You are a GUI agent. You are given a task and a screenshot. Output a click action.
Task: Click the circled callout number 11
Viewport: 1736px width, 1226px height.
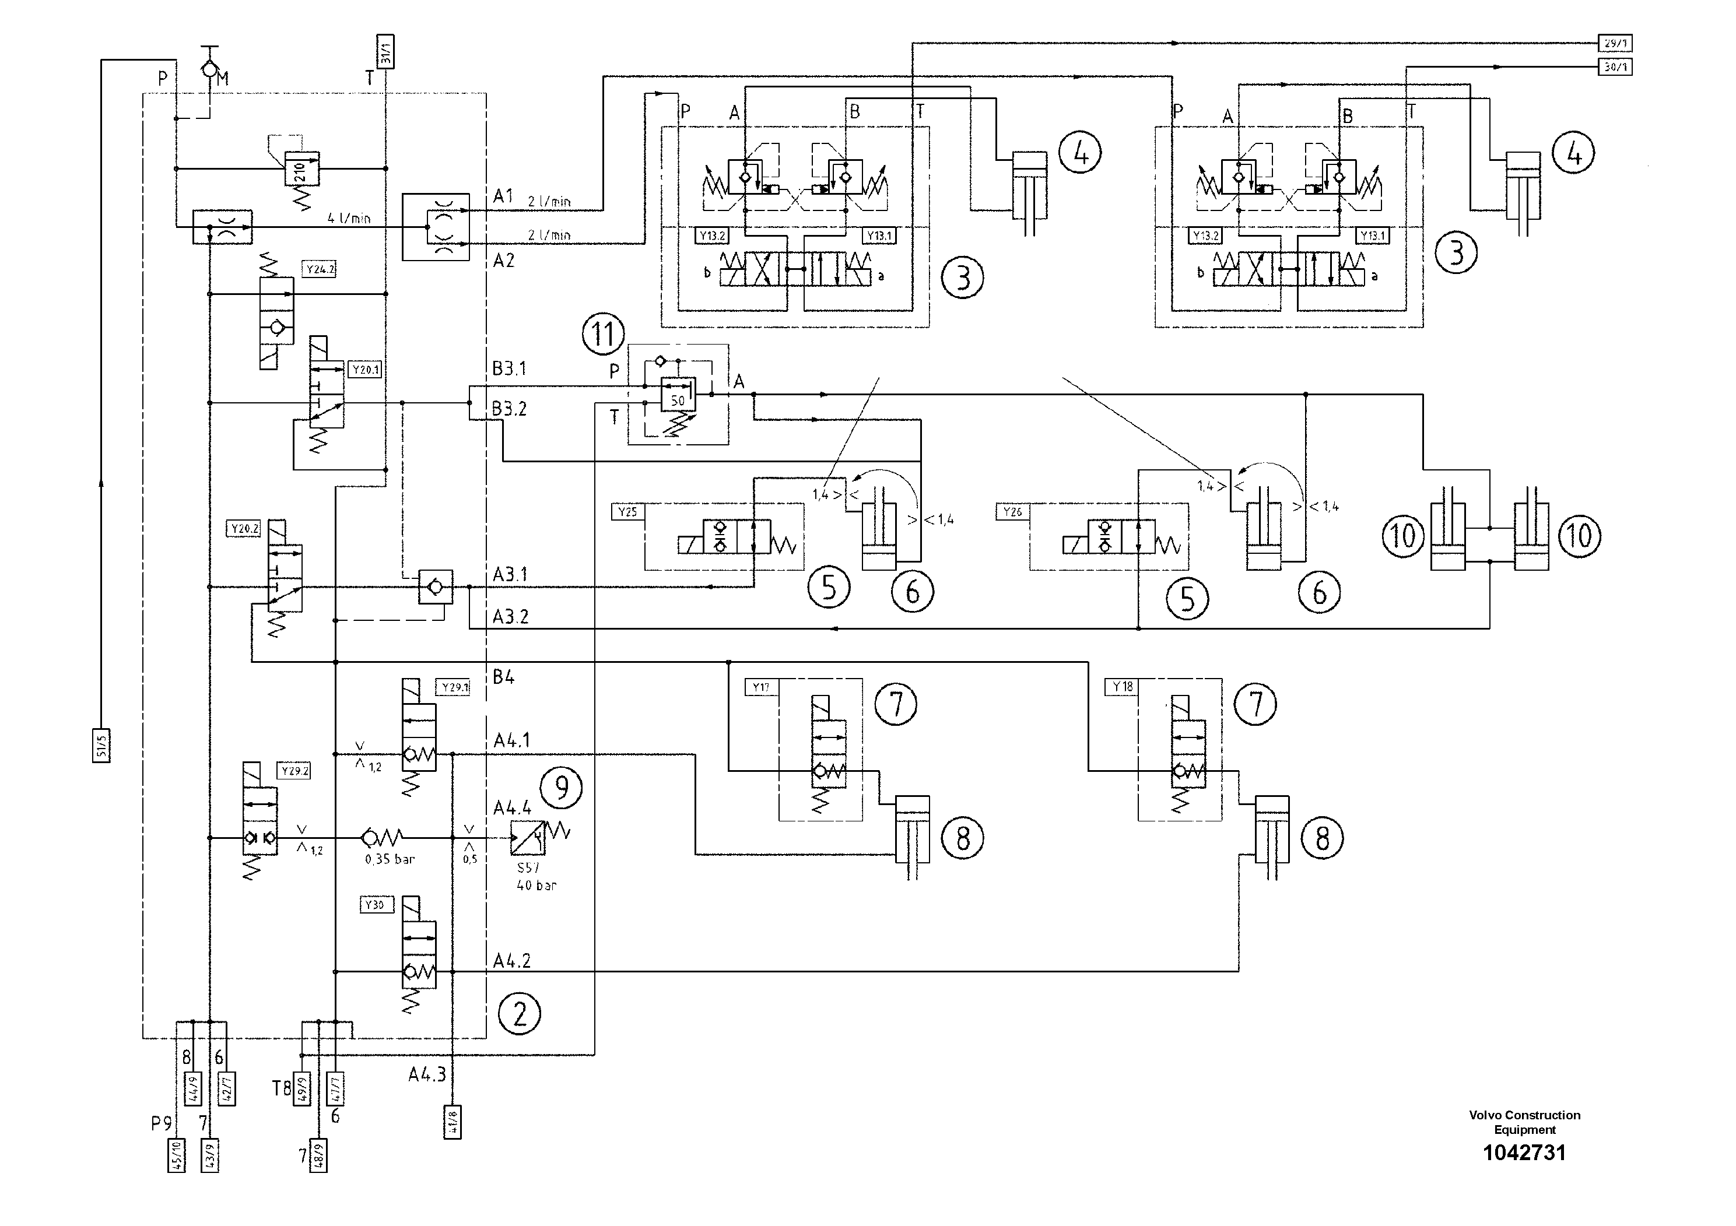pyautogui.click(x=604, y=333)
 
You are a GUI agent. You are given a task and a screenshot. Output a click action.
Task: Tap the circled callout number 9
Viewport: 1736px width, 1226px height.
pyautogui.click(x=561, y=788)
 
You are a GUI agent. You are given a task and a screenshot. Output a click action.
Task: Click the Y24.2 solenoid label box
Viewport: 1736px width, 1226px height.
pyautogui.click(x=319, y=269)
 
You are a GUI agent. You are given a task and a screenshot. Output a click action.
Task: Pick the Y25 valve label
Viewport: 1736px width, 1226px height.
pyautogui.click(x=627, y=512)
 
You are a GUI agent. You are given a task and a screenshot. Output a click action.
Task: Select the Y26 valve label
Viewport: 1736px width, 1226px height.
pyautogui.click(x=1012, y=512)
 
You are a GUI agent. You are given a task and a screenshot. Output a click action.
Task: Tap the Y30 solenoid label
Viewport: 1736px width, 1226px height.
pyautogui.click(x=375, y=905)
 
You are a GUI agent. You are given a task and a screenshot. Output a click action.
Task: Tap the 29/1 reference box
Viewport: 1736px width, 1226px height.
pyautogui.click(x=1614, y=43)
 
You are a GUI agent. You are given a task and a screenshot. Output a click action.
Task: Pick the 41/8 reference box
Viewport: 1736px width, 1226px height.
pyautogui.click(x=452, y=1122)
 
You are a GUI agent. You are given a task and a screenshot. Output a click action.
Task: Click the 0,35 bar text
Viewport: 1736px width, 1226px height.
pyautogui.click(x=390, y=859)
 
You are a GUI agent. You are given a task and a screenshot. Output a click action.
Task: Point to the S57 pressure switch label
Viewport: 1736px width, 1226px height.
pyautogui.click(x=528, y=867)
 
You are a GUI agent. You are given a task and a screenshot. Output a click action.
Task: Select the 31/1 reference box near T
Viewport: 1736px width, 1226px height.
pyautogui.click(x=385, y=51)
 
